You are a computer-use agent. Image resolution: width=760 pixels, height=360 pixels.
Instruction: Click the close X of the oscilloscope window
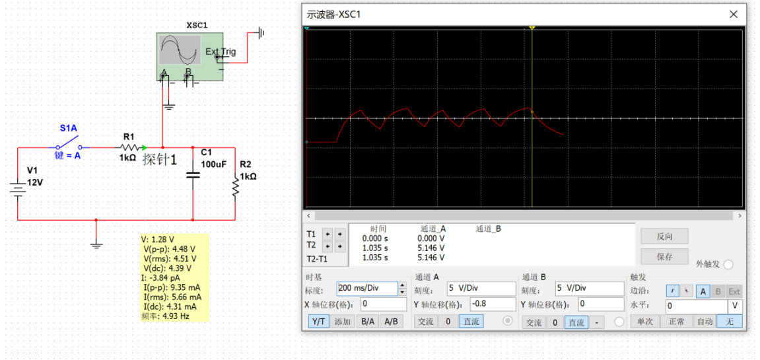click(x=734, y=14)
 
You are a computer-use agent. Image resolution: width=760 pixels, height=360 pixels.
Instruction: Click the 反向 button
click(x=664, y=236)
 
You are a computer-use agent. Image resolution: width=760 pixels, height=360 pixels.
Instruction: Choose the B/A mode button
click(x=368, y=321)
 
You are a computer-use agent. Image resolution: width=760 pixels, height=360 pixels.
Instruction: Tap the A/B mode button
click(x=391, y=321)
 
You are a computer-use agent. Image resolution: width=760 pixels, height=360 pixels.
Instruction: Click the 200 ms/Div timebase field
click(x=367, y=288)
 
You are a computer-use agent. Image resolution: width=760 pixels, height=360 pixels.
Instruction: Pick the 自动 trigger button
click(x=703, y=321)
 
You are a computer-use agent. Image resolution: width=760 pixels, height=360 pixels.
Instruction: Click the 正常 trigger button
click(x=676, y=321)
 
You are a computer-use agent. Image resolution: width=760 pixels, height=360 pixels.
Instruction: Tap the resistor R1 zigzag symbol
click(x=129, y=147)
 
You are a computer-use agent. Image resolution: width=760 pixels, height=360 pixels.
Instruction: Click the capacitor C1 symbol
click(x=193, y=174)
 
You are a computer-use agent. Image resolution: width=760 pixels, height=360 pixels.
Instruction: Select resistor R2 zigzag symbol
click(x=235, y=187)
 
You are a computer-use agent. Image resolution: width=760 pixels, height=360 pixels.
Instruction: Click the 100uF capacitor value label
click(x=214, y=164)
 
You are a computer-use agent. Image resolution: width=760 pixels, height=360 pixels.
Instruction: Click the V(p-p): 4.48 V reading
click(x=168, y=248)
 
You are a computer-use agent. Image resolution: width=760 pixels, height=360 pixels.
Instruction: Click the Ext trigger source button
click(x=734, y=291)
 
